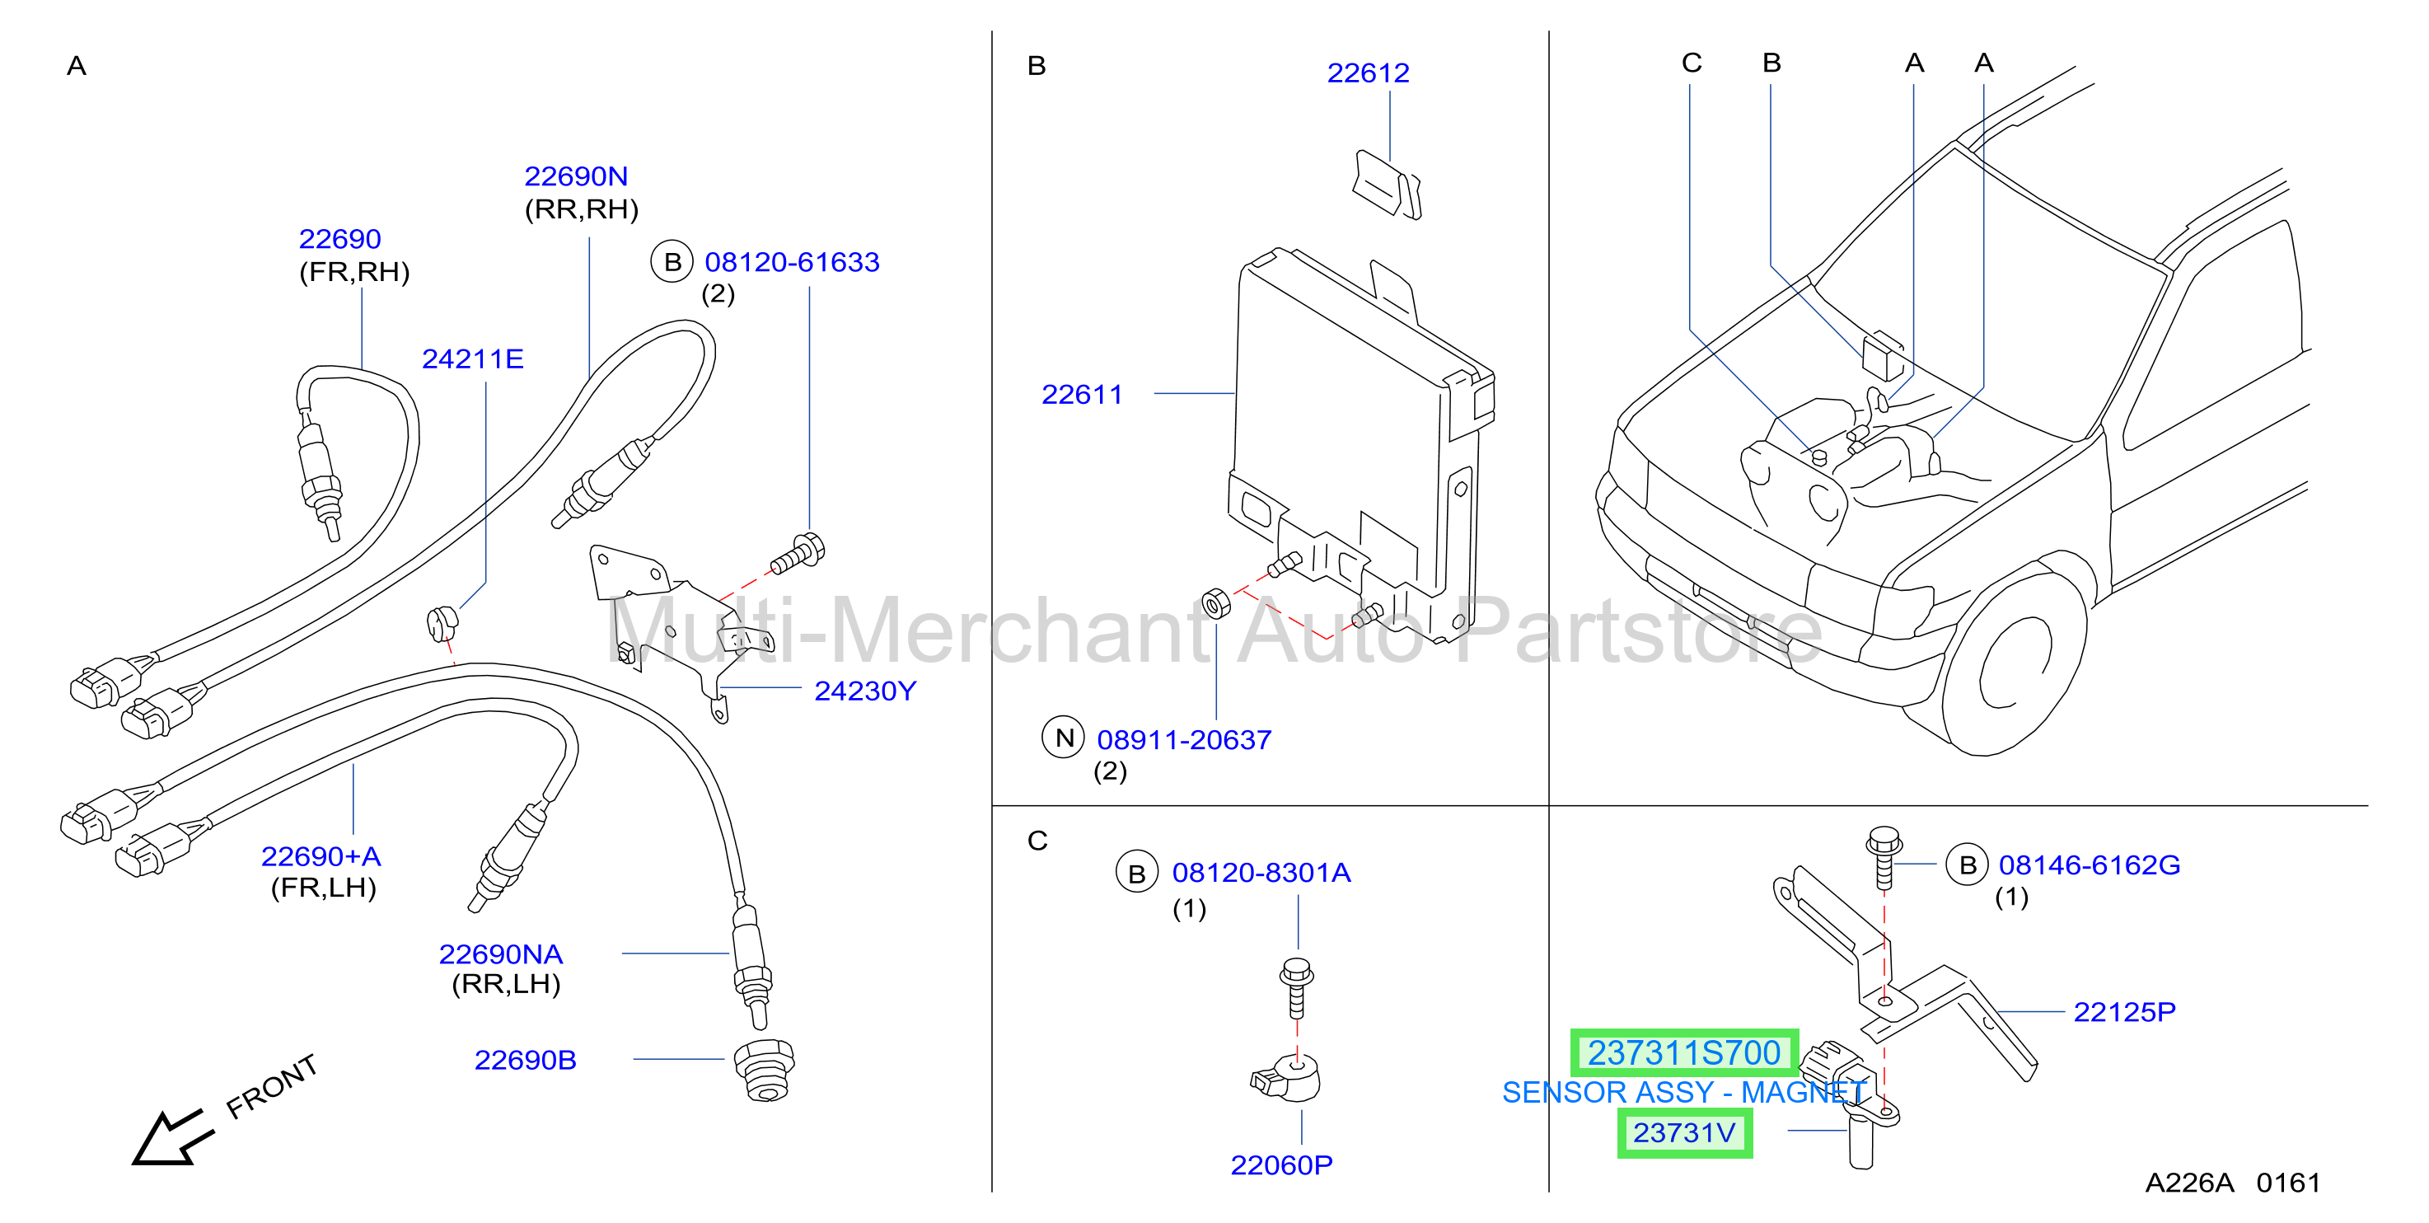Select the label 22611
[1082, 394]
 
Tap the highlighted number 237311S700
[1684, 1052]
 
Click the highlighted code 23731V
[1684, 1132]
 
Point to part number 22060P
[1281, 1165]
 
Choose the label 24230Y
[864, 691]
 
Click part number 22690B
[525, 1060]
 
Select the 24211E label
[472, 359]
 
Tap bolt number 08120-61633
[792, 262]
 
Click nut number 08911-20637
[1184, 740]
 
